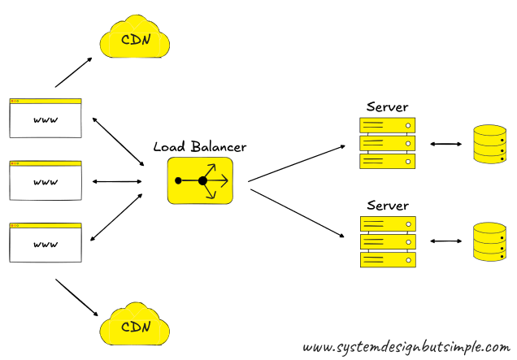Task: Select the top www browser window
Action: (x=46, y=119)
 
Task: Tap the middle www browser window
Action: (x=46, y=180)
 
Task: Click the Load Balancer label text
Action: (x=199, y=147)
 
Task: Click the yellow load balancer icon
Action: (x=200, y=180)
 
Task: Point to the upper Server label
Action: (x=387, y=106)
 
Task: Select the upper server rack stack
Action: (x=387, y=143)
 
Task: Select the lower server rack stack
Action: (x=387, y=241)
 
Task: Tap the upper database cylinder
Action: (x=489, y=143)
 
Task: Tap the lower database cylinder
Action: (x=489, y=241)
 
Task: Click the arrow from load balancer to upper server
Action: (x=297, y=163)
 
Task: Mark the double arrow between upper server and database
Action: (x=445, y=144)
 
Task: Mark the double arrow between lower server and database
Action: (x=445, y=241)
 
